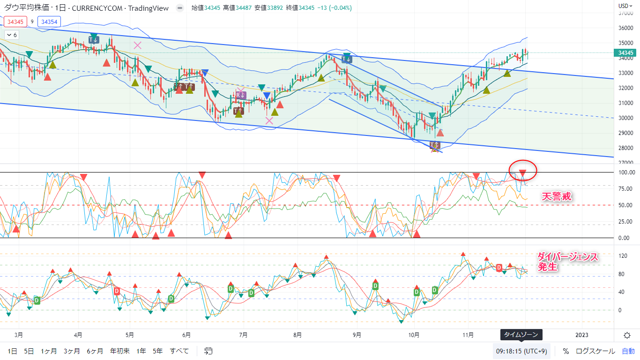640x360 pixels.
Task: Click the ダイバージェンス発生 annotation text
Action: click(x=567, y=262)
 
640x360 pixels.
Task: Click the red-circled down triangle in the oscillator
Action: click(x=522, y=173)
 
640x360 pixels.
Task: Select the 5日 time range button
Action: click(x=29, y=351)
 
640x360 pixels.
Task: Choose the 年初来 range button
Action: click(x=120, y=351)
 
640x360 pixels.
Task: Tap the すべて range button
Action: click(x=179, y=351)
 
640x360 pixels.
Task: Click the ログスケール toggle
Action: click(x=595, y=351)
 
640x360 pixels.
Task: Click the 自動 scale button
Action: click(x=628, y=351)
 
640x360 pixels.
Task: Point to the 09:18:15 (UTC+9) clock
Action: click(x=521, y=351)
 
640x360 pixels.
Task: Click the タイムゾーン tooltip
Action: click(x=522, y=335)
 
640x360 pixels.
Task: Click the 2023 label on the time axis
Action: click(x=581, y=335)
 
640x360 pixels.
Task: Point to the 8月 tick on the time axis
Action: click(x=297, y=335)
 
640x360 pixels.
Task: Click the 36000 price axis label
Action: click(x=625, y=28)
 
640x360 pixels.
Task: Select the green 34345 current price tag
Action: click(x=625, y=53)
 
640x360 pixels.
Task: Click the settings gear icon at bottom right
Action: click(x=627, y=335)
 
